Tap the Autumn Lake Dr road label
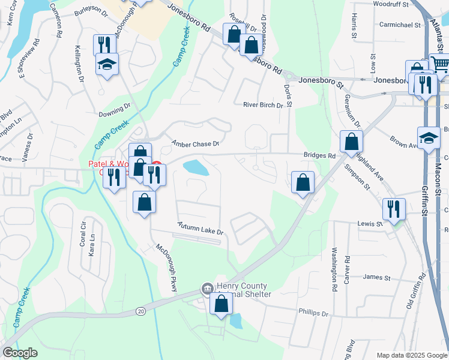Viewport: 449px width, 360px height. click(x=200, y=229)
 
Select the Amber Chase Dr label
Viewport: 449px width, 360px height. click(x=196, y=143)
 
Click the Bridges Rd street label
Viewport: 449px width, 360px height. click(x=319, y=155)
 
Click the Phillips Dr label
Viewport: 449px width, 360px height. click(x=313, y=313)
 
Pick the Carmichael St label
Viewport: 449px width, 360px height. click(x=400, y=25)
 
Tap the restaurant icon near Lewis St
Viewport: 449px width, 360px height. click(x=393, y=209)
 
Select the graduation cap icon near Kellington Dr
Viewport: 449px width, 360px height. click(x=107, y=64)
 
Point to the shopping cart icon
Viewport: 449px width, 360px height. click(x=440, y=64)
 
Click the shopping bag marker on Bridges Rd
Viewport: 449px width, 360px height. click(x=351, y=142)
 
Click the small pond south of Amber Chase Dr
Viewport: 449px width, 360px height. click(x=196, y=168)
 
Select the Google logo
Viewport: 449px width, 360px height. click(x=20, y=353)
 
